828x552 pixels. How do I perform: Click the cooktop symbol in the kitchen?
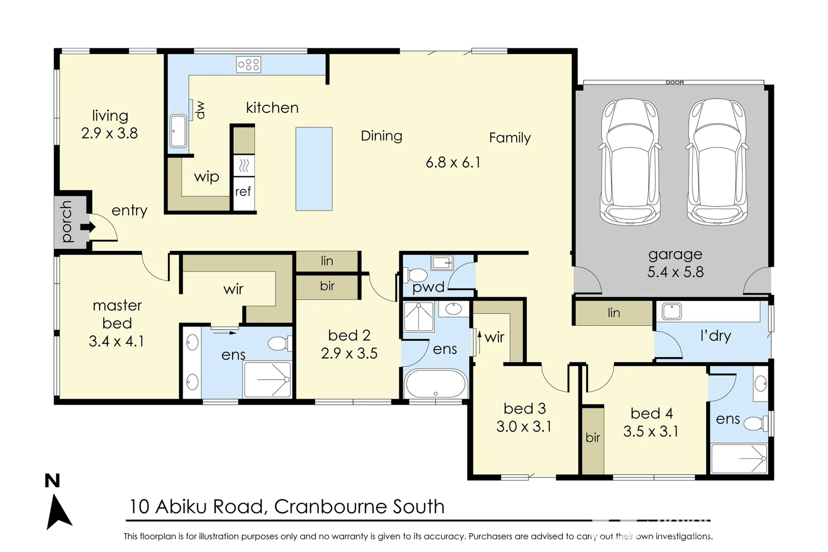[248, 64]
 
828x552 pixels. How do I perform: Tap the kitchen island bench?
[314, 169]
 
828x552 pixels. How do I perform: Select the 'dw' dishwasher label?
[200, 109]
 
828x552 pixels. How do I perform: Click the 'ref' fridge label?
[243, 192]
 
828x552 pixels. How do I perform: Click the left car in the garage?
[629, 161]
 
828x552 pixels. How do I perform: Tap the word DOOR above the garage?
[675, 82]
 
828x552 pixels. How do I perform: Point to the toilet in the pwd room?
[415, 274]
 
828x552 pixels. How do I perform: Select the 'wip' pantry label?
[206, 177]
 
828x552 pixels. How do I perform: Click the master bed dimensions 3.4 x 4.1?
[117, 341]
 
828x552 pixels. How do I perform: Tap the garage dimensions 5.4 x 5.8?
[675, 272]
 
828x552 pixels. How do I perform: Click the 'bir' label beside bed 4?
[593, 438]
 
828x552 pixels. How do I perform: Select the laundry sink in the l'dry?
[671, 311]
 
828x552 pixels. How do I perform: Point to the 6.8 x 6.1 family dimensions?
[453, 163]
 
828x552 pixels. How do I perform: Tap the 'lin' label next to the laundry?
[614, 313]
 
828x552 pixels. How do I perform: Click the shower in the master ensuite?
[267, 379]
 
